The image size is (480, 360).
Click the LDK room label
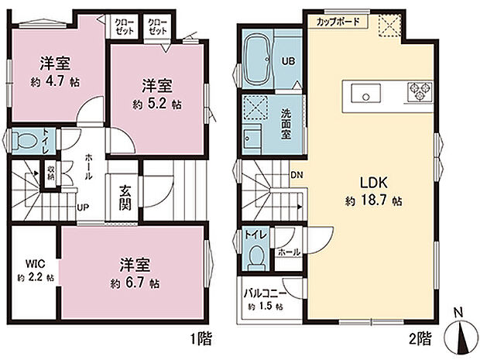(x=378, y=183)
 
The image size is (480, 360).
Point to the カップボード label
(x=338, y=22)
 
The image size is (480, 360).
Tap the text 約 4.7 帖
(x=56, y=81)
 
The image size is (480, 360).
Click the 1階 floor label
(x=198, y=338)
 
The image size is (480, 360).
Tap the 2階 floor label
(x=420, y=338)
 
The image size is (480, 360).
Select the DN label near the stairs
(x=297, y=175)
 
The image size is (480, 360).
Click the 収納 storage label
(x=50, y=173)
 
